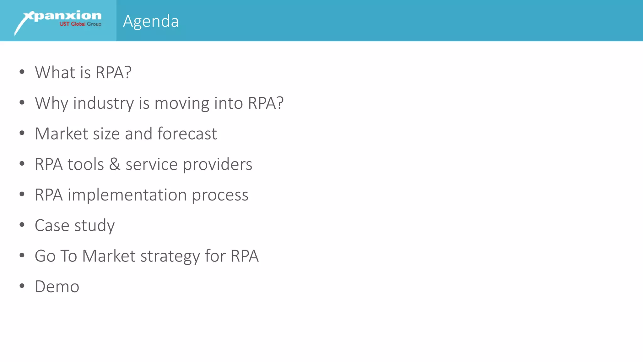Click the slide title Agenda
pyautogui.click(x=151, y=21)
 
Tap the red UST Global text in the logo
pyautogui.click(x=72, y=24)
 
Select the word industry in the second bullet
pyautogui.click(x=103, y=103)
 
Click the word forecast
pyautogui.click(x=187, y=134)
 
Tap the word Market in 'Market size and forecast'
pyautogui.click(x=62, y=134)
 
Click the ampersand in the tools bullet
pyautogui.click(x=115, y=164)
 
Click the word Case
pyautogui.click(x=52, y=225)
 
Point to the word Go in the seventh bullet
pyautogui.click(x=45, y=256)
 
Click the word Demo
pyautogui.click(x=57, y=287)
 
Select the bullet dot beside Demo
pyautogui.click(x=22, y=286)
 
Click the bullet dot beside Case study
pyautogui.click(x=22, y=225)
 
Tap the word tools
pyautogui.click(x=85, y=164)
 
